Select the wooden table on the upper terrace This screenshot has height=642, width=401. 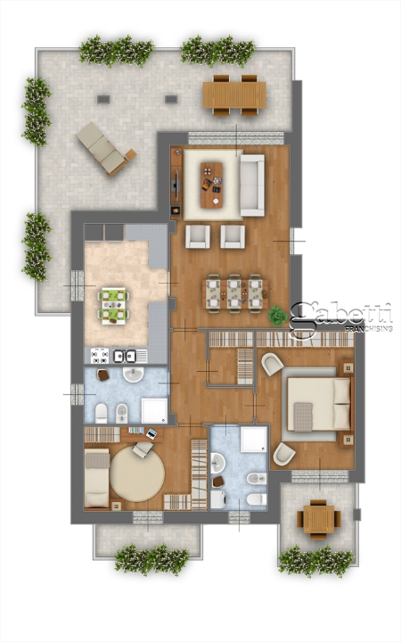[233, 94]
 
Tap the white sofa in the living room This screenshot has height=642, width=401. [253, 185]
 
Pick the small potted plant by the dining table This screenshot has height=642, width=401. [278, 315]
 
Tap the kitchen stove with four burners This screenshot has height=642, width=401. [97, 355]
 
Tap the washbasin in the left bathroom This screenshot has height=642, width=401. [133, 374]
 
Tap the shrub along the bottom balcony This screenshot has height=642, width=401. [151, 560]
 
